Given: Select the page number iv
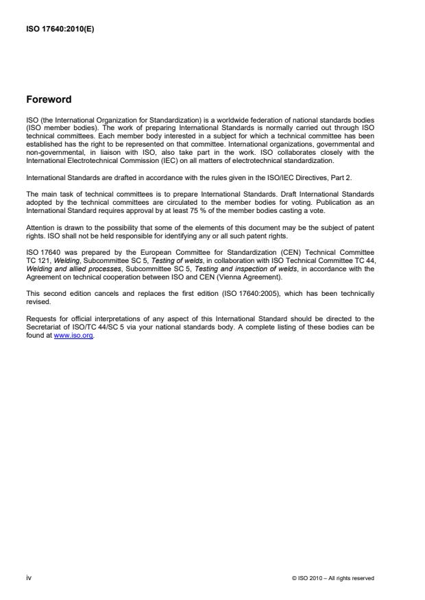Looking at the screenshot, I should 29,578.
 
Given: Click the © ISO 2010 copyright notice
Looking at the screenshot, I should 332,578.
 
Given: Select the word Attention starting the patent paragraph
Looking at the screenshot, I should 38,225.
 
